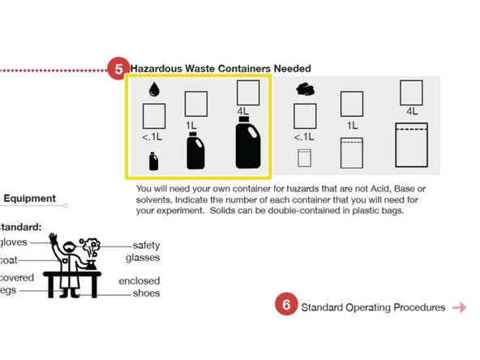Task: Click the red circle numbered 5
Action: click(x=118, y=69)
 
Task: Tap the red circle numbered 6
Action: click(x=286, y=307)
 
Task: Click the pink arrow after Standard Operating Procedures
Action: click(x=460, y=307)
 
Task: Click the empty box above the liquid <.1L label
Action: click(x=154, y=116)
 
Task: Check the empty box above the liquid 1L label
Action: click(x=196, y=104)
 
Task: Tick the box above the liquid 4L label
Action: click(x=248, y=92)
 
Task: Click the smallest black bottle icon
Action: click(x=153, y=161)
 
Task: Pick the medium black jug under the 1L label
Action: click(x=195, y=152)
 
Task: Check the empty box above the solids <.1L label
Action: click(x=305, y=114)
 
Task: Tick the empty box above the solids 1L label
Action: click(x=351, y=104)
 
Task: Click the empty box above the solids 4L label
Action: click(x=412, y=92)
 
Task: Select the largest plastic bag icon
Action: click(x=411, y=144)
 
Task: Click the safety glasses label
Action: click(x=147, y=251)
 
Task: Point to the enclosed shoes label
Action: click(x=143, y=286)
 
